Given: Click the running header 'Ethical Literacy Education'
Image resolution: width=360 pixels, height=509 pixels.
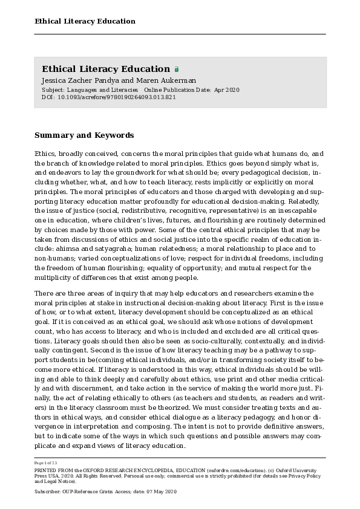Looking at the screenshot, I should [x=85, y=21].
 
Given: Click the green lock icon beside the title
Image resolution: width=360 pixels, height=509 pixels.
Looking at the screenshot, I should [x=177, y=70].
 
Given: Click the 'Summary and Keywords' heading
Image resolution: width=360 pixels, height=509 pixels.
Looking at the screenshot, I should [x=84, y=135].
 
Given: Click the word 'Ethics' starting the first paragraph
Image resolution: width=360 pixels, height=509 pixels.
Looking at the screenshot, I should [x=45, y=154].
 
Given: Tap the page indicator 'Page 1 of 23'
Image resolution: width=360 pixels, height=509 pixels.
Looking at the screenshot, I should [x=46, y=462].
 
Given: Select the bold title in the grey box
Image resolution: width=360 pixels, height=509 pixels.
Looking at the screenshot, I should [x=106, y=69].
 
